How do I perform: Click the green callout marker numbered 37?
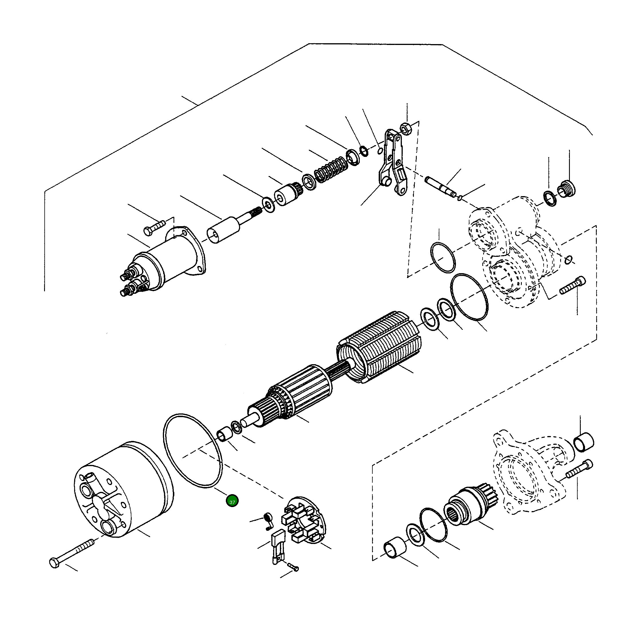click(232, 501)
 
